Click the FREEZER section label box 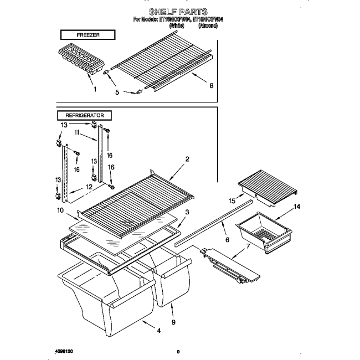pos(86,35)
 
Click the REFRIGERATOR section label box pos(84,115)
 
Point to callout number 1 pos(95,89)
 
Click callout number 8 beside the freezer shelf pos(211,86)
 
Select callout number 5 pos(117,92)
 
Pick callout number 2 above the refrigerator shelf pos(187,159)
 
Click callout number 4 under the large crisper pos(158,331)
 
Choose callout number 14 pos(296,207)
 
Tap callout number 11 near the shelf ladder pos(78,133)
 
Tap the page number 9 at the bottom pos(178,351)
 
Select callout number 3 pos(188,212)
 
